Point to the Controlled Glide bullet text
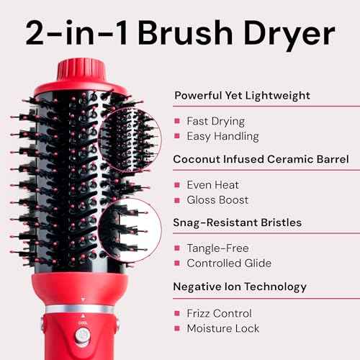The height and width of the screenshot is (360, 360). pyautogui.click(x=230, y=263)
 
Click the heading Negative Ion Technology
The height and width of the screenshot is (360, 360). pyautogui.click(x=240, y=287)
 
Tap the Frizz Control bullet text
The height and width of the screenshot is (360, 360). pyautogui.click(x=219, y=313)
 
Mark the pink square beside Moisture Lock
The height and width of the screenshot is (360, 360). pyautogui.click(x=177, y=329)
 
